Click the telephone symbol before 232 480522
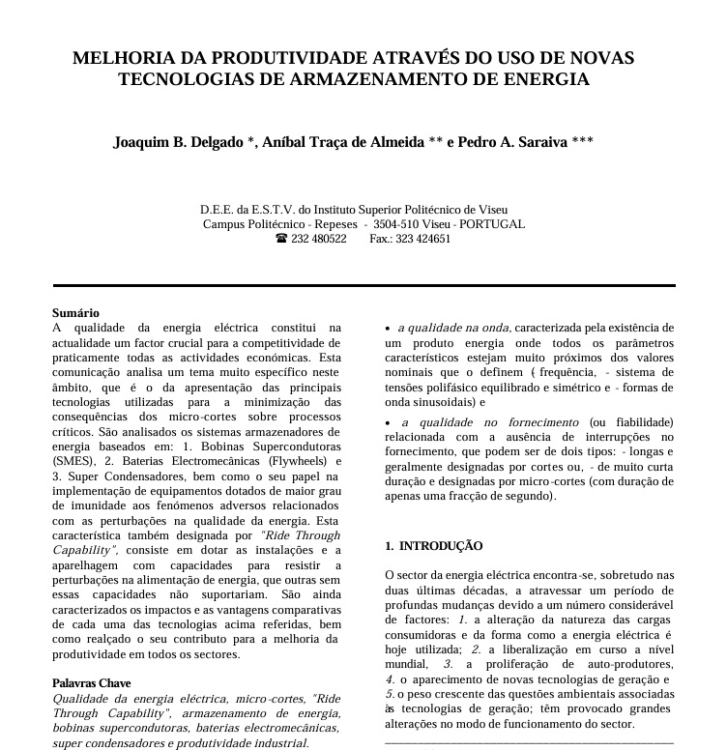pyautogui.click(x=281, y=239)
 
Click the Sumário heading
pyautogui.click(x=75, y=313)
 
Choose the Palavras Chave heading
pyautogui.click(x=92, y=683)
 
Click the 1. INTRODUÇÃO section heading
pyautogui.click(x=434, y=546)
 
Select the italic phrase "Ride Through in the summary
pyautogui.click(x=301, y=535)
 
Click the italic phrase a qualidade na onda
pyautogui.click(x=454, y=329)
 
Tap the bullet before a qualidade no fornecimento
pyautogui.click(x=388, y=423)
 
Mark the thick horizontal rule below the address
pyautogui.click(x=363, y=286)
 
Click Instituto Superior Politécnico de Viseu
pyautogui.click(x=413, y=210)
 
